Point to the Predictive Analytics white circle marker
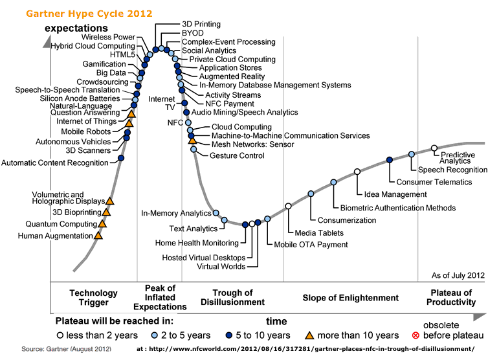coord(434,148)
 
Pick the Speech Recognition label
coord(452,170)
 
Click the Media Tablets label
coord(319,232)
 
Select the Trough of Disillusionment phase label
coord(232,297)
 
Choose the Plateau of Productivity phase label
coord(450,297)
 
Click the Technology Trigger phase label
coord(94,297)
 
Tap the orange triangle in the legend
coord(309,335)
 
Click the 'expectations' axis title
coord(76,28)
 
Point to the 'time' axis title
coord(276,321)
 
